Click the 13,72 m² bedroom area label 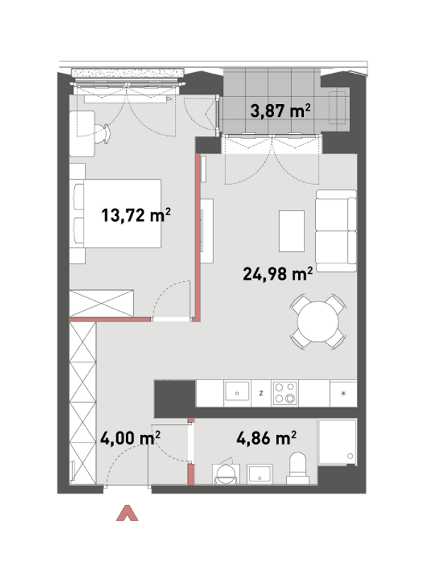(x=136, y=215)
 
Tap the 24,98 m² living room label (x=278, y=274)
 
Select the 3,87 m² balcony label (x=280, y=110)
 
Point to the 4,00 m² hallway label (x=130, y=438)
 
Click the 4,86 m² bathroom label (x=267, y=438)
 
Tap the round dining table (x=318, y=321)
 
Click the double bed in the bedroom (x=118, y=213)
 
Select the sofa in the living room (x=336, y=231)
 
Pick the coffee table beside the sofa (x=292, y=231)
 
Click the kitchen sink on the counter (x=237, y=392)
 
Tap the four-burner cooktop (x=285, y=393)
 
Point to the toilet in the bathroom (x=297, y=468)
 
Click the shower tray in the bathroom (x=337, y=442)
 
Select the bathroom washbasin (x=259, y=474)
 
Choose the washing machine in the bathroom (x=226, y=474)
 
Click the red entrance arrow (x=127, y=513)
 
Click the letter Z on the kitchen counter (x=261, y=393)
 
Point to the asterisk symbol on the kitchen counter (x=344, y=393)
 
